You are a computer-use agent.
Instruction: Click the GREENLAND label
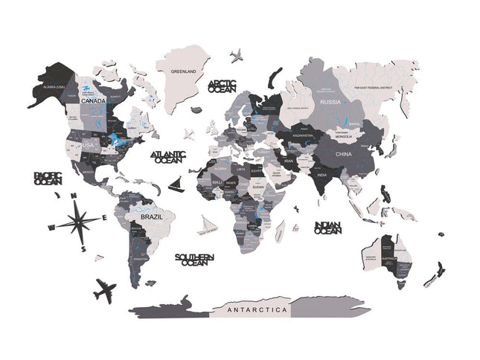point(183,71)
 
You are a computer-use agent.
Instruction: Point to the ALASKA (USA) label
point(55,87)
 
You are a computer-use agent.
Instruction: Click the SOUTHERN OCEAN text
point(194,260)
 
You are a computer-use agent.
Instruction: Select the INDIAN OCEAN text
point(328,228)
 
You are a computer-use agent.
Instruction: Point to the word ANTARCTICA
point(257,309)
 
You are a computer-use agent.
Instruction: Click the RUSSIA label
point(330,101)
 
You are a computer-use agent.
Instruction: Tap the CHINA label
point(343,154)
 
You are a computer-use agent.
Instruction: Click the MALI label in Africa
point(217,181)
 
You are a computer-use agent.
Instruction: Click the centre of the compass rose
point(80,221)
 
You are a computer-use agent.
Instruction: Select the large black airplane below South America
point(106,289)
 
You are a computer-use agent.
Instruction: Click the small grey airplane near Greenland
point(237,55)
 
